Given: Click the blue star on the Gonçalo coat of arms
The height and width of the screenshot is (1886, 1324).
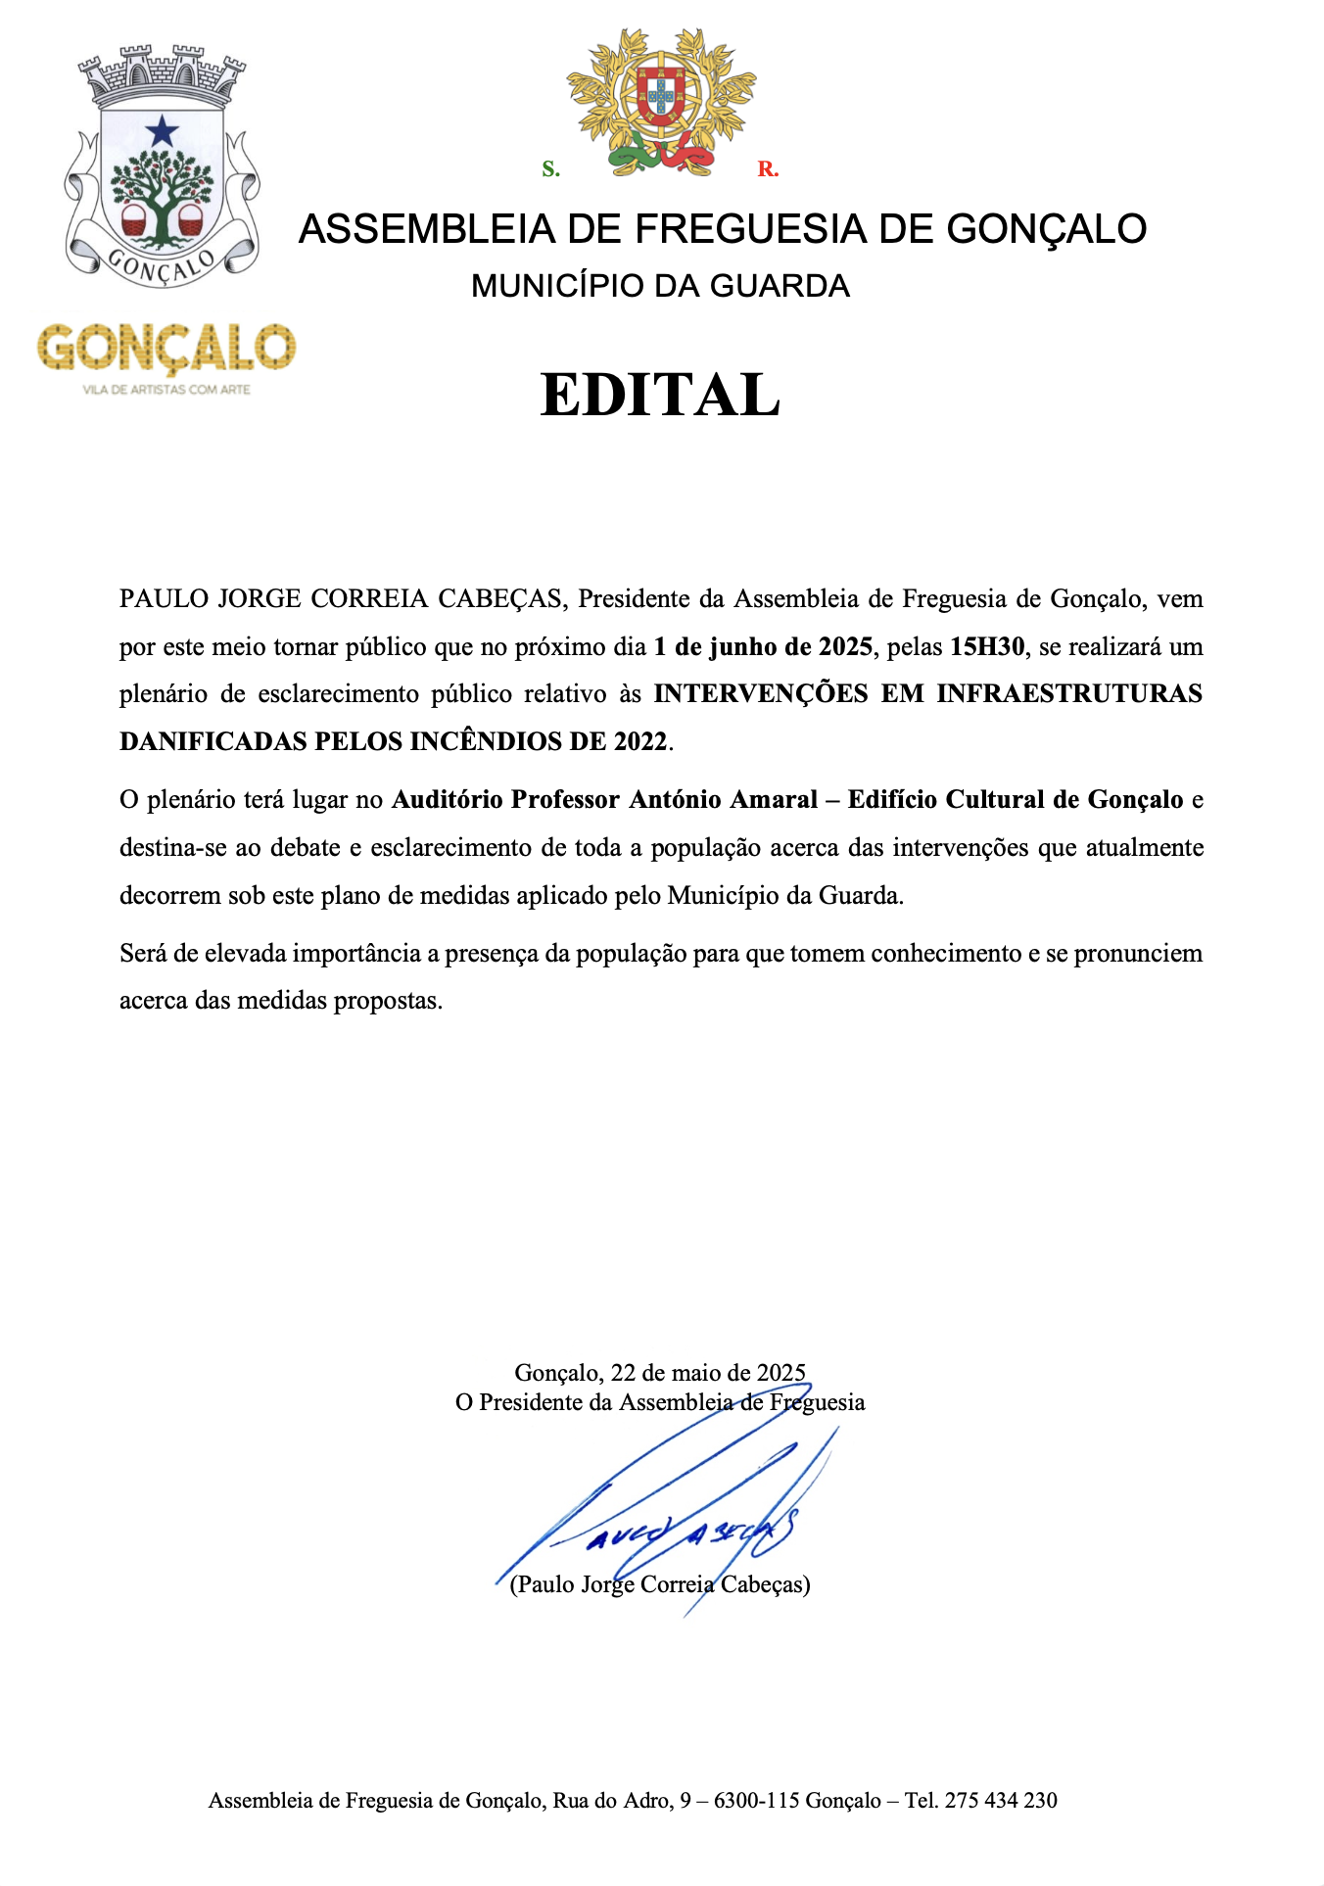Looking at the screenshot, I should (162, 130).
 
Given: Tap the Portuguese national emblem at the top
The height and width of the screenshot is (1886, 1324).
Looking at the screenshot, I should (661, 103).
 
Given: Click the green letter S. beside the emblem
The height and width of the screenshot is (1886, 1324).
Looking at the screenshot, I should (551, 169).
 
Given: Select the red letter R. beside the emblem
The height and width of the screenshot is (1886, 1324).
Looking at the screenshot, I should (768, 169).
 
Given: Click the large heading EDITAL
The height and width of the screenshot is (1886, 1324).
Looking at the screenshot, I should (660, 395).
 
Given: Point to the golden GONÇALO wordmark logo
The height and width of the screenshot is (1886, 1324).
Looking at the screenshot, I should (166, 348).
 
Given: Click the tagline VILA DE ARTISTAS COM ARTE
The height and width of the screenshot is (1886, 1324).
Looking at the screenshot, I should (166, 390).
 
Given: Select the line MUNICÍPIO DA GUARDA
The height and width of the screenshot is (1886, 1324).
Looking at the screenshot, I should (660, 286).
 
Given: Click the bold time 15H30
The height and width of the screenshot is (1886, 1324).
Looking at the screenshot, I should (986, 646).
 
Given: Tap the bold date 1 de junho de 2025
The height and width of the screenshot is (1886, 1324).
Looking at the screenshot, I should (763, 646).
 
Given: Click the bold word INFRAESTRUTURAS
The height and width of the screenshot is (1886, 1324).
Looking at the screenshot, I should (1069, 693).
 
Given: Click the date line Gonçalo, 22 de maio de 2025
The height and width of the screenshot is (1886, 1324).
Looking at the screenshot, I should (660, 1373).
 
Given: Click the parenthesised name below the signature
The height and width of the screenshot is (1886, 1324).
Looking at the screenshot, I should (660, 1584).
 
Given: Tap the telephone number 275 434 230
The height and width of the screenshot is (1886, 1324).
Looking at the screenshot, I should (1001, 1800).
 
